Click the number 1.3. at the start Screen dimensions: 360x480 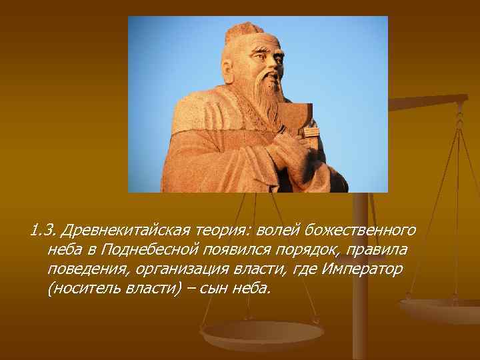[43, 231]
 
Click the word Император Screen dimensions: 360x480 [362, 270]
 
